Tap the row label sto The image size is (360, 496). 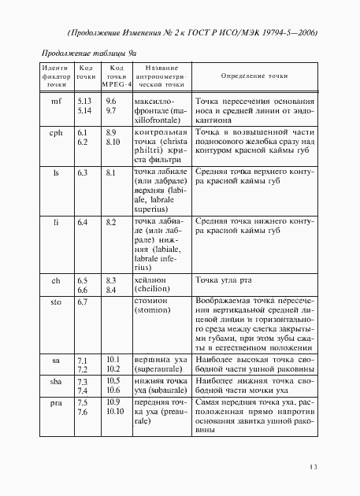click(x=55, y=301)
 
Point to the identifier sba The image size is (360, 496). click(x=55, y=380)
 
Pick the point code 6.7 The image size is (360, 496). click(x=82, y=301)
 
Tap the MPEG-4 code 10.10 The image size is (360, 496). click(x=115, y=411)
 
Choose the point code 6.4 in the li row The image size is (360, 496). click(x=82, y=223)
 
